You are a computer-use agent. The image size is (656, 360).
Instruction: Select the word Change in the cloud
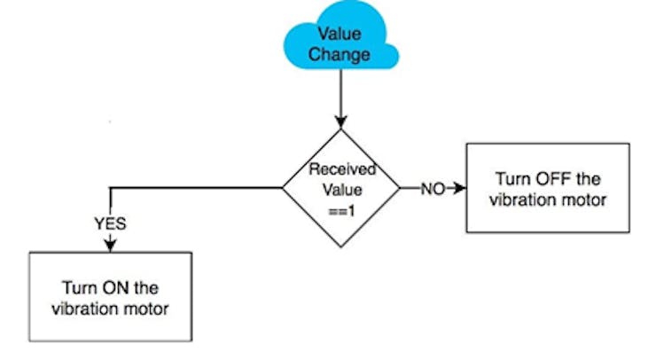click(340, 54)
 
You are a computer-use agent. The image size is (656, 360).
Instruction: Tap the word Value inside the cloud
click(340, 34)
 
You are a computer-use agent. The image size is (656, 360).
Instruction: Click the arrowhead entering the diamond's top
click(341, 122)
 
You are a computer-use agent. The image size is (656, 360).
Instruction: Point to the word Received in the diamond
click(342, 169)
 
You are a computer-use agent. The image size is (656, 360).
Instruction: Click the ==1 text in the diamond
click(342, 211)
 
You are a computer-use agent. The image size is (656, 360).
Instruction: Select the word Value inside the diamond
click(342, 190)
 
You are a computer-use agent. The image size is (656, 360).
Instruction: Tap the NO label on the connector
click(433, 189)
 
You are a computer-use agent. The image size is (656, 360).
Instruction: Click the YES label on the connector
click(110, 223)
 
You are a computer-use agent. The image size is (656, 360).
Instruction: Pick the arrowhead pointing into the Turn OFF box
click(460, 188)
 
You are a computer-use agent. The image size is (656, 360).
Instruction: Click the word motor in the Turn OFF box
click(583, 200)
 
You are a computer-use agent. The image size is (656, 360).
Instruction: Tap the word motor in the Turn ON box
click(146, 309)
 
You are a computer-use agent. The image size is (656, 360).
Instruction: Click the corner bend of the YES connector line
click(111, 188)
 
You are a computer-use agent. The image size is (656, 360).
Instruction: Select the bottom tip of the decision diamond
click(341, 247)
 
